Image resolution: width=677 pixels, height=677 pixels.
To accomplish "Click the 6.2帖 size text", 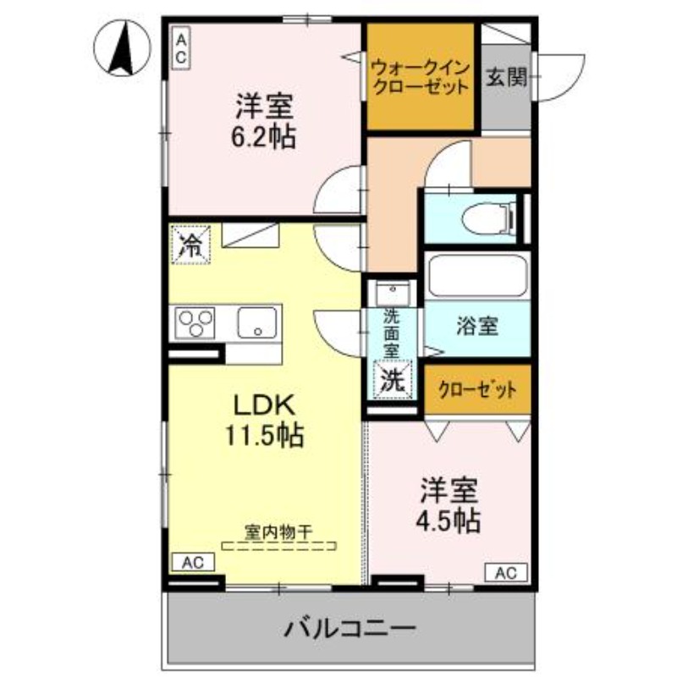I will [265, 136].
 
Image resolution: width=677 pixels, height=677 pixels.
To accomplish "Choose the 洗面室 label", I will [391, 333].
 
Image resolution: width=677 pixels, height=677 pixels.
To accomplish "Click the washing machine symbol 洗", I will [392, 379].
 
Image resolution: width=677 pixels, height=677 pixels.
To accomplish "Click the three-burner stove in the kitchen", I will [196, 322].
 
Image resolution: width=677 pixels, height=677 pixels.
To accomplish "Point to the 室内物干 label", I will [278, 532].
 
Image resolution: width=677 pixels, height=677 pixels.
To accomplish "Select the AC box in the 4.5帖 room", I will [505, 572].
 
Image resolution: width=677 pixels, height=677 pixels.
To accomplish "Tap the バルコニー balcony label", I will [350, 629].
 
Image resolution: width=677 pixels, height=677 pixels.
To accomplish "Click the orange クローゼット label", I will [476, 390].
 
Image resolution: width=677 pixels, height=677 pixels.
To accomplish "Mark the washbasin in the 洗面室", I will [393, 293].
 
